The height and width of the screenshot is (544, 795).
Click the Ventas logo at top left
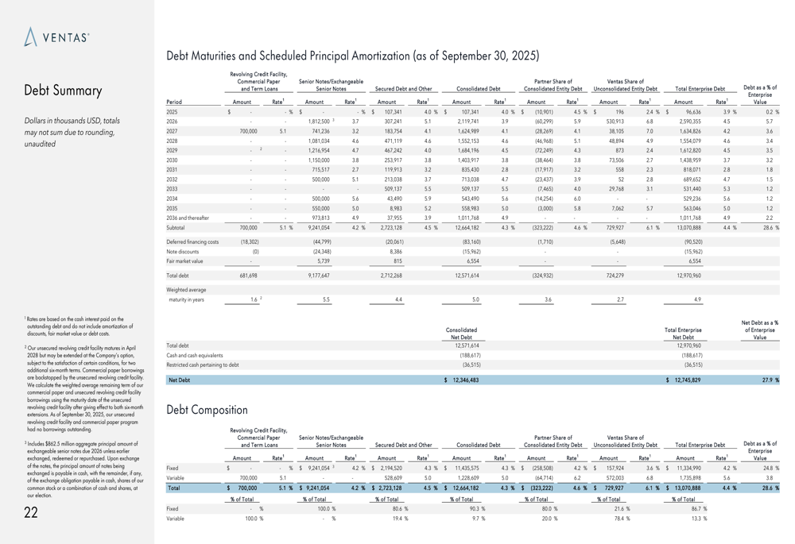click(x=56, y=37)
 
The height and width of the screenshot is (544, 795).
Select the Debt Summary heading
click(x=63, y=91)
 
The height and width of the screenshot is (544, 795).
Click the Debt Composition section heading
click(x=207, y=410)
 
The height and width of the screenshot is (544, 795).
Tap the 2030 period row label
click(x=172, y=160)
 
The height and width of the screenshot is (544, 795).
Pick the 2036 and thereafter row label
click(x=188, y=217)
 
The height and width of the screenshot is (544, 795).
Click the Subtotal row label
click(x=176, y=227)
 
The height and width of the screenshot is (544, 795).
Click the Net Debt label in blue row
click(x=178, y=380)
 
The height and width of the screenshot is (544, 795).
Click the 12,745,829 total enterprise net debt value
click(x=685, y=380)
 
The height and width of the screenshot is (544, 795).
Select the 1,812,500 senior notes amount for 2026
click(x=316, y=122)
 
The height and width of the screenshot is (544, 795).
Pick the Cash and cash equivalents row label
click(x=195, y=356)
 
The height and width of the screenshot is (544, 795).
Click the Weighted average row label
click(x=186, y=290)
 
